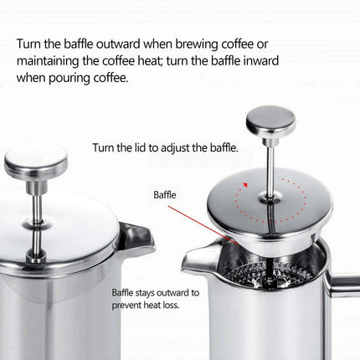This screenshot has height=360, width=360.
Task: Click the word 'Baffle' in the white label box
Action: point(166,195)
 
